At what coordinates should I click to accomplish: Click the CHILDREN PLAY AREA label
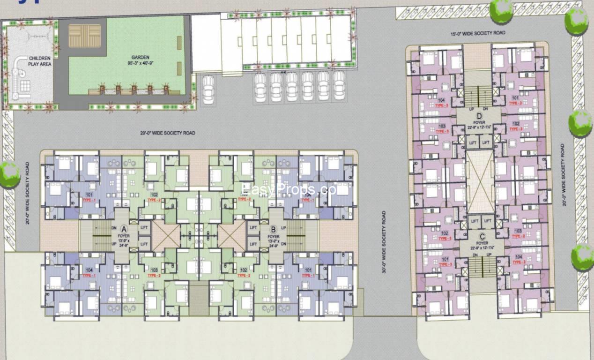point(40,61)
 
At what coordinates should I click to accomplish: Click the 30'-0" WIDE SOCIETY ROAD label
point(384,242)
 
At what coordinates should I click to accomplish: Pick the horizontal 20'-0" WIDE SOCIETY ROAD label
point(168,133)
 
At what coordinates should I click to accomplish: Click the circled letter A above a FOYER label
point(124,229)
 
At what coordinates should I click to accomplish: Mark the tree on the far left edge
point(9,174)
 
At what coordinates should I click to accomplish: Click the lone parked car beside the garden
point(208,89)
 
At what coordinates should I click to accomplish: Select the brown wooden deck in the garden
point(85,36)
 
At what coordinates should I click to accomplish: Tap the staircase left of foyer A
point(101,235)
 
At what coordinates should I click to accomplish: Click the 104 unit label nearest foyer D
point(441,100)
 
